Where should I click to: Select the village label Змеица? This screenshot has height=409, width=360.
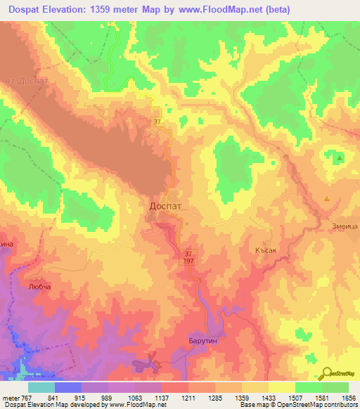(345, 226)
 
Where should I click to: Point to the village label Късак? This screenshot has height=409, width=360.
(269, 249)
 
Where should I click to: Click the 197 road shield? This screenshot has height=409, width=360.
(189, 261)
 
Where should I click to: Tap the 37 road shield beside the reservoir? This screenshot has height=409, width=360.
(157, 122)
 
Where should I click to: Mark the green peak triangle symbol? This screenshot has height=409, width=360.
(340, 158)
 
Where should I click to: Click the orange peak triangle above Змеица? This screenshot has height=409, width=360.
(327, 200)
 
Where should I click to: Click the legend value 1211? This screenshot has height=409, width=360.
(188, 397)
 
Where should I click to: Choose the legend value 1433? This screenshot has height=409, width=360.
(268, 397)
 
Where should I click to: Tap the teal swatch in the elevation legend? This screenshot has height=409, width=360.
(41, 387)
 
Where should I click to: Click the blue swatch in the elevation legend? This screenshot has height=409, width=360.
(68, 387)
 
